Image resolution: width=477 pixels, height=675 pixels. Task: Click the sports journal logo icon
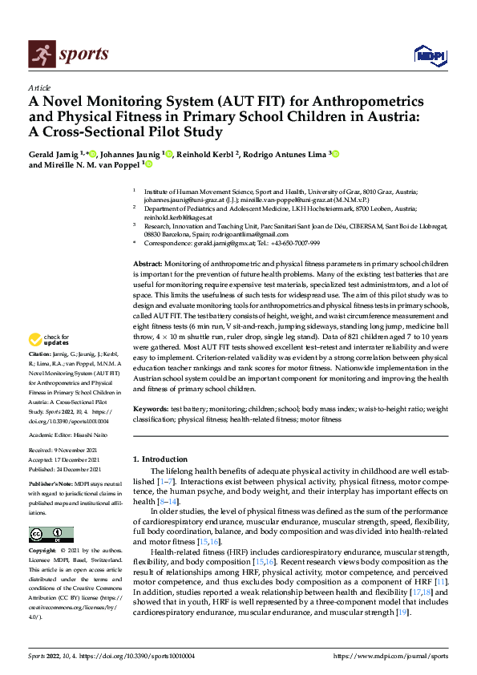click(39, 55)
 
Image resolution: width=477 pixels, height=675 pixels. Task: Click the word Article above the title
click(38, 87)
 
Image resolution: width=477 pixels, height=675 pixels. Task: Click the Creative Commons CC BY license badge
click(51, 535)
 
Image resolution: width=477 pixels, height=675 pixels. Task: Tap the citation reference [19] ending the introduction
click(402, 612)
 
